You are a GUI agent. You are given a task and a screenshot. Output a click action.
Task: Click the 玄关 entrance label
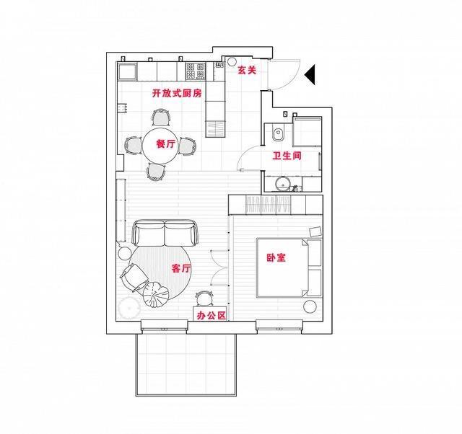click(x=247, y=70)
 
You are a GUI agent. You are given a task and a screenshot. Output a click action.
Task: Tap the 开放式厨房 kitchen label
click(x=177, y=93)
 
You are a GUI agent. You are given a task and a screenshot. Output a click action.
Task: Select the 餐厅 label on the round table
click(x=165, y=144)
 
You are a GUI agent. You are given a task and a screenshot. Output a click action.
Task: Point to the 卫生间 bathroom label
click(x=287, y=156)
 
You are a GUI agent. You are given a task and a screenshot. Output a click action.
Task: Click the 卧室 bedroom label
click(x=276, y=258)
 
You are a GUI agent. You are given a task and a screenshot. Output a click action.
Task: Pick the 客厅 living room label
click(x=181, y=268)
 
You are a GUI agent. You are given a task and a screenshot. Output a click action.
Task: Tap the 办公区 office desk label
click(x=212, y=316)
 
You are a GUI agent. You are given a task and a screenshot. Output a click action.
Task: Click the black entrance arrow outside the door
click(x=310, y=74)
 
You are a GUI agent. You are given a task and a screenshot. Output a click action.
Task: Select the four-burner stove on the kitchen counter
click(x=196, y=71)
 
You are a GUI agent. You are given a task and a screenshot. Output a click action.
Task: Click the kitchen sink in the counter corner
click(x=127, y=71)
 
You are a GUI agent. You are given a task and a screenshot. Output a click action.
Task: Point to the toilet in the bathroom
click(x=277, y=134)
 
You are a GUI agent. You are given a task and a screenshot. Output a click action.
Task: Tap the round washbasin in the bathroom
click(x=283, y=184)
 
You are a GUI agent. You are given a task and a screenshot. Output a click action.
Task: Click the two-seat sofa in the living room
click(x=165, y=233)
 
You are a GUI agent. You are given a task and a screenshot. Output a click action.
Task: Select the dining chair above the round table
click(x=161, y=118)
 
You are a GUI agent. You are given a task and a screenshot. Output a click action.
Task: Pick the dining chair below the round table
click(x=156, y=172)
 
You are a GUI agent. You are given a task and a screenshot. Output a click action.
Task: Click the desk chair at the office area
click(x=204, y=298)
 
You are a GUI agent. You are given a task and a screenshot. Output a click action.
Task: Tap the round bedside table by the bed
click(x=310, y=307)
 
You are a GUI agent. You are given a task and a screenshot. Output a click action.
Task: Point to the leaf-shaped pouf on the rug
click(x=156, y=294)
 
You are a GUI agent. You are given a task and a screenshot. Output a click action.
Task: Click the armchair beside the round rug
click(x=134, y=278)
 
